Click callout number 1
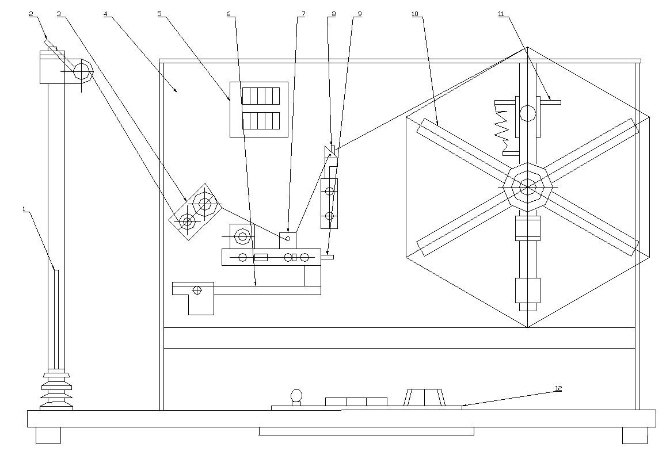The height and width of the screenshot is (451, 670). click(24, 209)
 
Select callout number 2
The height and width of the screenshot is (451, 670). click(31, 14)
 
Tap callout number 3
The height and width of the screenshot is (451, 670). click(59, 14)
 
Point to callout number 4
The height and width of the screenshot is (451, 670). click(105, 14)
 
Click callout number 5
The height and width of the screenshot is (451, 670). click(160, 14)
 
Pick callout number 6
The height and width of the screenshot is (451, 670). click(229, 14)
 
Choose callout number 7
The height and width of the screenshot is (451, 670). click(303, 14)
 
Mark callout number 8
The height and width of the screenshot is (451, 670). click(334, 14)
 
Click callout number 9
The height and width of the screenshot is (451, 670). click(359, 14)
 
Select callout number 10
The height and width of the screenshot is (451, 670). click(415, 14)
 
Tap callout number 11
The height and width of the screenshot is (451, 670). click(501, 14)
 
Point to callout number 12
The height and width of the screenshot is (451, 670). click(558, 388)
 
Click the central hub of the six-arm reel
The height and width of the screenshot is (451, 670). click(528, 186)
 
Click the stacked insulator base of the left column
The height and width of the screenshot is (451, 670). click(56, 391)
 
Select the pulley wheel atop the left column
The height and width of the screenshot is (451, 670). click(82, 71)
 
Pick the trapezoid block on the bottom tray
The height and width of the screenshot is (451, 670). click(425, 397)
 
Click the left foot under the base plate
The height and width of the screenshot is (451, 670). click(48, 435)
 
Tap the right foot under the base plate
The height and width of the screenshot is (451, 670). click(635, 435)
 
